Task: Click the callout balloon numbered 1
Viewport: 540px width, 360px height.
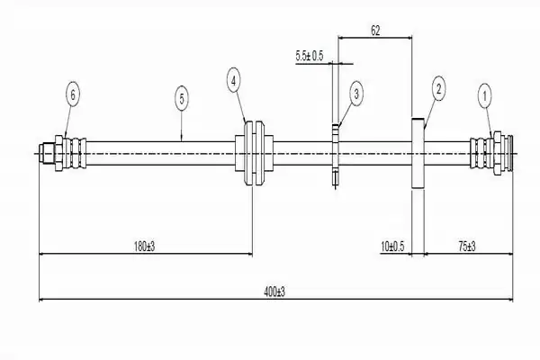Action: click(x=485, y=96)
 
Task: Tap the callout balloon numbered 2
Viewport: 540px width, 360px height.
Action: click(x=438, y=89)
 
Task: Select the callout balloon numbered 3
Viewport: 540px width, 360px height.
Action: click(x=356, y=94)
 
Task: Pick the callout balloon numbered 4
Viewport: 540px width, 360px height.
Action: click(x=233, y=81)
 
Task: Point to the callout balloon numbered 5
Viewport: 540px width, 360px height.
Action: click(x=182, y=99)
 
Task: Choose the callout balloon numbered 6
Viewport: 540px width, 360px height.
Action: click(x=73, y=94)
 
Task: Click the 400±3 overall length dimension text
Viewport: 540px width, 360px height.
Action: click(x=274, y=292)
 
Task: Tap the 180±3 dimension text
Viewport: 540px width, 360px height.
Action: click(x=144, y=247)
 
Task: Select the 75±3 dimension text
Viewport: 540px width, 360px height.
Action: click(x=467, y=247)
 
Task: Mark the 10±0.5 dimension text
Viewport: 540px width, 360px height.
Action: click(x=392, y=247)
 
